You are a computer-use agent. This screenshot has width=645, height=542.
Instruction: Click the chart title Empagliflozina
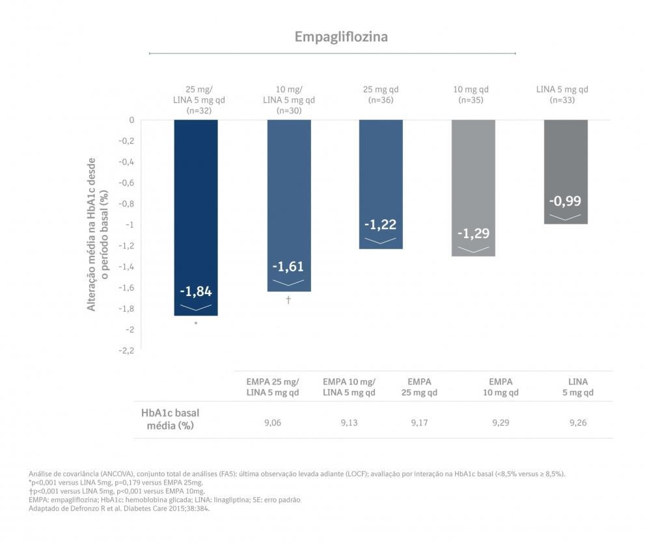tap(340, 36)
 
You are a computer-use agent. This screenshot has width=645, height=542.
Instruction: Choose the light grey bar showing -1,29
tap(473, 188)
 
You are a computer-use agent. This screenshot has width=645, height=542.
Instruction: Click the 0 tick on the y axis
tap(131, 120)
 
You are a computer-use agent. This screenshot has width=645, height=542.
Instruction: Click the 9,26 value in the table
tap(578, 423)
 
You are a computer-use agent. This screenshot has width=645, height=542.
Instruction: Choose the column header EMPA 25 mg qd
tap(419, 386)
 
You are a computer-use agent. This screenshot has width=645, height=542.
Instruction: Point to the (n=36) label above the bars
tap(381, 100)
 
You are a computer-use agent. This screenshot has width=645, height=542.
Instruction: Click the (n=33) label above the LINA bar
tap(562, 100)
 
